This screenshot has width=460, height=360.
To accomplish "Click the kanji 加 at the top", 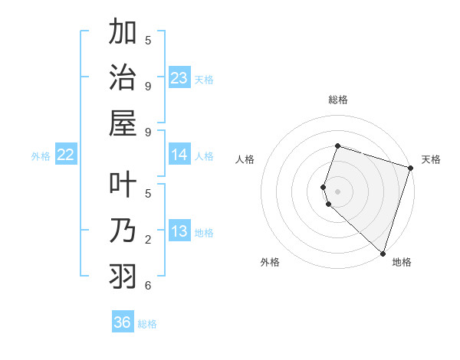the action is tap(123, 34).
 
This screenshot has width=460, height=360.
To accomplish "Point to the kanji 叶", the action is tap(123, 186).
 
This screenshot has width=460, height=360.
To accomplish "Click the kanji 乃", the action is tap(123, 231).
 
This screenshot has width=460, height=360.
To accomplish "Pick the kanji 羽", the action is tap(123, 275).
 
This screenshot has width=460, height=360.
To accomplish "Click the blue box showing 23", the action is tap(179, 78).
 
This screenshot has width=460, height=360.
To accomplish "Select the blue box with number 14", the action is tap(179, 155).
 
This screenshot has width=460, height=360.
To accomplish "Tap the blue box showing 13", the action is tap(179, 231).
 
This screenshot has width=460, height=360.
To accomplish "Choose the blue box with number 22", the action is tap(66, 155).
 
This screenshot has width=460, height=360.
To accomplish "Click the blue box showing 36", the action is tap(123, 322).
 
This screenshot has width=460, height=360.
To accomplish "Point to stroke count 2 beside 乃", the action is tap(148, 240).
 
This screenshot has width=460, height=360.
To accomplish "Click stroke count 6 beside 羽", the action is tap(148, 285).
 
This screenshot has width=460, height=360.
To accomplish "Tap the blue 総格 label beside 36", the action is tap(147, 324).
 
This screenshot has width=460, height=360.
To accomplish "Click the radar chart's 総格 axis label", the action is tap(338, 100).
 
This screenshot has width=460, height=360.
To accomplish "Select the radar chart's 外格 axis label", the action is tap(270, 262).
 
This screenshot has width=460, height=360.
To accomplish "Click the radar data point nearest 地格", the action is tap(383, 253).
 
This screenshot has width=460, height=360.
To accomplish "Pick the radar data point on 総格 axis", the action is tap(338, 146).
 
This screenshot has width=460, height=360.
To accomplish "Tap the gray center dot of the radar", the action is tap(338, 191).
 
